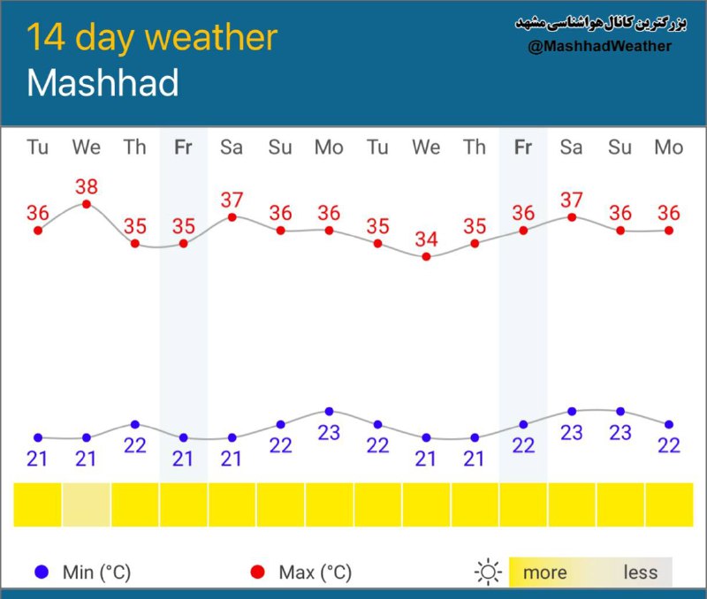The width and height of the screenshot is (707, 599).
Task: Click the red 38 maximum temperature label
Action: (87, 186)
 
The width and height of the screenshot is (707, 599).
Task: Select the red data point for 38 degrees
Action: (87, 204)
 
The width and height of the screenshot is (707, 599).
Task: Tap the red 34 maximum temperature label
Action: (426, 239)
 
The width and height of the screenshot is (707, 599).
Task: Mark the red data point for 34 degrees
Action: (426, 257)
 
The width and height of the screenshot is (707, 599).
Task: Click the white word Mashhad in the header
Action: (103, 83)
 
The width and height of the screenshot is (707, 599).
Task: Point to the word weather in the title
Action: (211, 37)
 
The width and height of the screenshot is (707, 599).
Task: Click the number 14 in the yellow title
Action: (46, 37)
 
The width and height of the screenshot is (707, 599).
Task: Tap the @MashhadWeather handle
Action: (600, 46)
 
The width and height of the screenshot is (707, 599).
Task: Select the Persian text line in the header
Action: (601, 24)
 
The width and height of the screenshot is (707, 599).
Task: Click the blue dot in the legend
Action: (42, 572)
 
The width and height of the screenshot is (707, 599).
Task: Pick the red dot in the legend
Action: (257, 572)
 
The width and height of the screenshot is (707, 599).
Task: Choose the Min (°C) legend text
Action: (96, 572)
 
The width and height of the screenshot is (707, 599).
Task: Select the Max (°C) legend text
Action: (315, 572)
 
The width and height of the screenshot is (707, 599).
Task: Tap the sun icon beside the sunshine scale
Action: (488, 572)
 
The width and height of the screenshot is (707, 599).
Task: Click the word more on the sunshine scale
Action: (544, 572)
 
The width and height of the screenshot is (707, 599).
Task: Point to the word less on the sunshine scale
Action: (640, 572)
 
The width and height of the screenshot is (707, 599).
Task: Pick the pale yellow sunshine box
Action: (86, 504)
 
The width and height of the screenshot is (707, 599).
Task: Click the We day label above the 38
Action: (87, 148)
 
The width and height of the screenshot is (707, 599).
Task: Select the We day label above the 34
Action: (426, 148)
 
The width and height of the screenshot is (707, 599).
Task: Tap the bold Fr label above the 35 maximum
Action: (183, 148)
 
